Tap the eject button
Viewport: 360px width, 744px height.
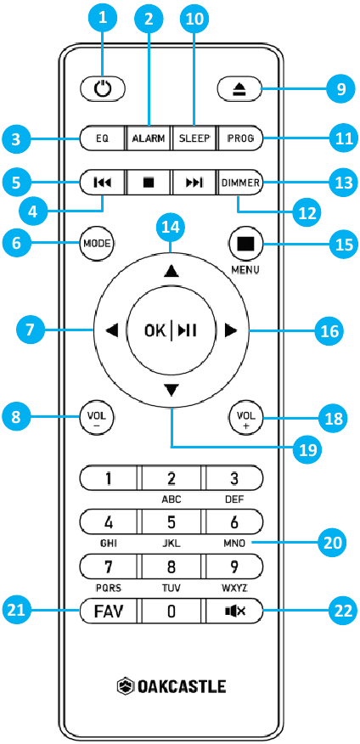click(x=239, y=89)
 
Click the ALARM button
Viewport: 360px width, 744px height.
click(x=149, y=138)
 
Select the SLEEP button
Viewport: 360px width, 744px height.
click(x=193, y=138)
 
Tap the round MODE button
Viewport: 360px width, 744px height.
click(x=98, y=244)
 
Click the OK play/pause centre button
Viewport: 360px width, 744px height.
click(x=171, y=330)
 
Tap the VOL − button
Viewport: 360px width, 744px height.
click(x=98, y=418)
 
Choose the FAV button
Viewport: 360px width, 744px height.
click(x=108, y=612)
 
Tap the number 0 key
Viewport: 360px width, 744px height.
click(x=171, y=612)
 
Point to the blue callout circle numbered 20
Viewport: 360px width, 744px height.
click(x=332, y=543)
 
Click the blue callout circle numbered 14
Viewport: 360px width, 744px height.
click(x=171, y=228)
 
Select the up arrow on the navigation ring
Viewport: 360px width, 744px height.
click(x=171, y=271)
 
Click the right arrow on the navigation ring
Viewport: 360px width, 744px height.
click(x=230, y=330)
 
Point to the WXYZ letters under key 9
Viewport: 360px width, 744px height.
click(x=234, y=589)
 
